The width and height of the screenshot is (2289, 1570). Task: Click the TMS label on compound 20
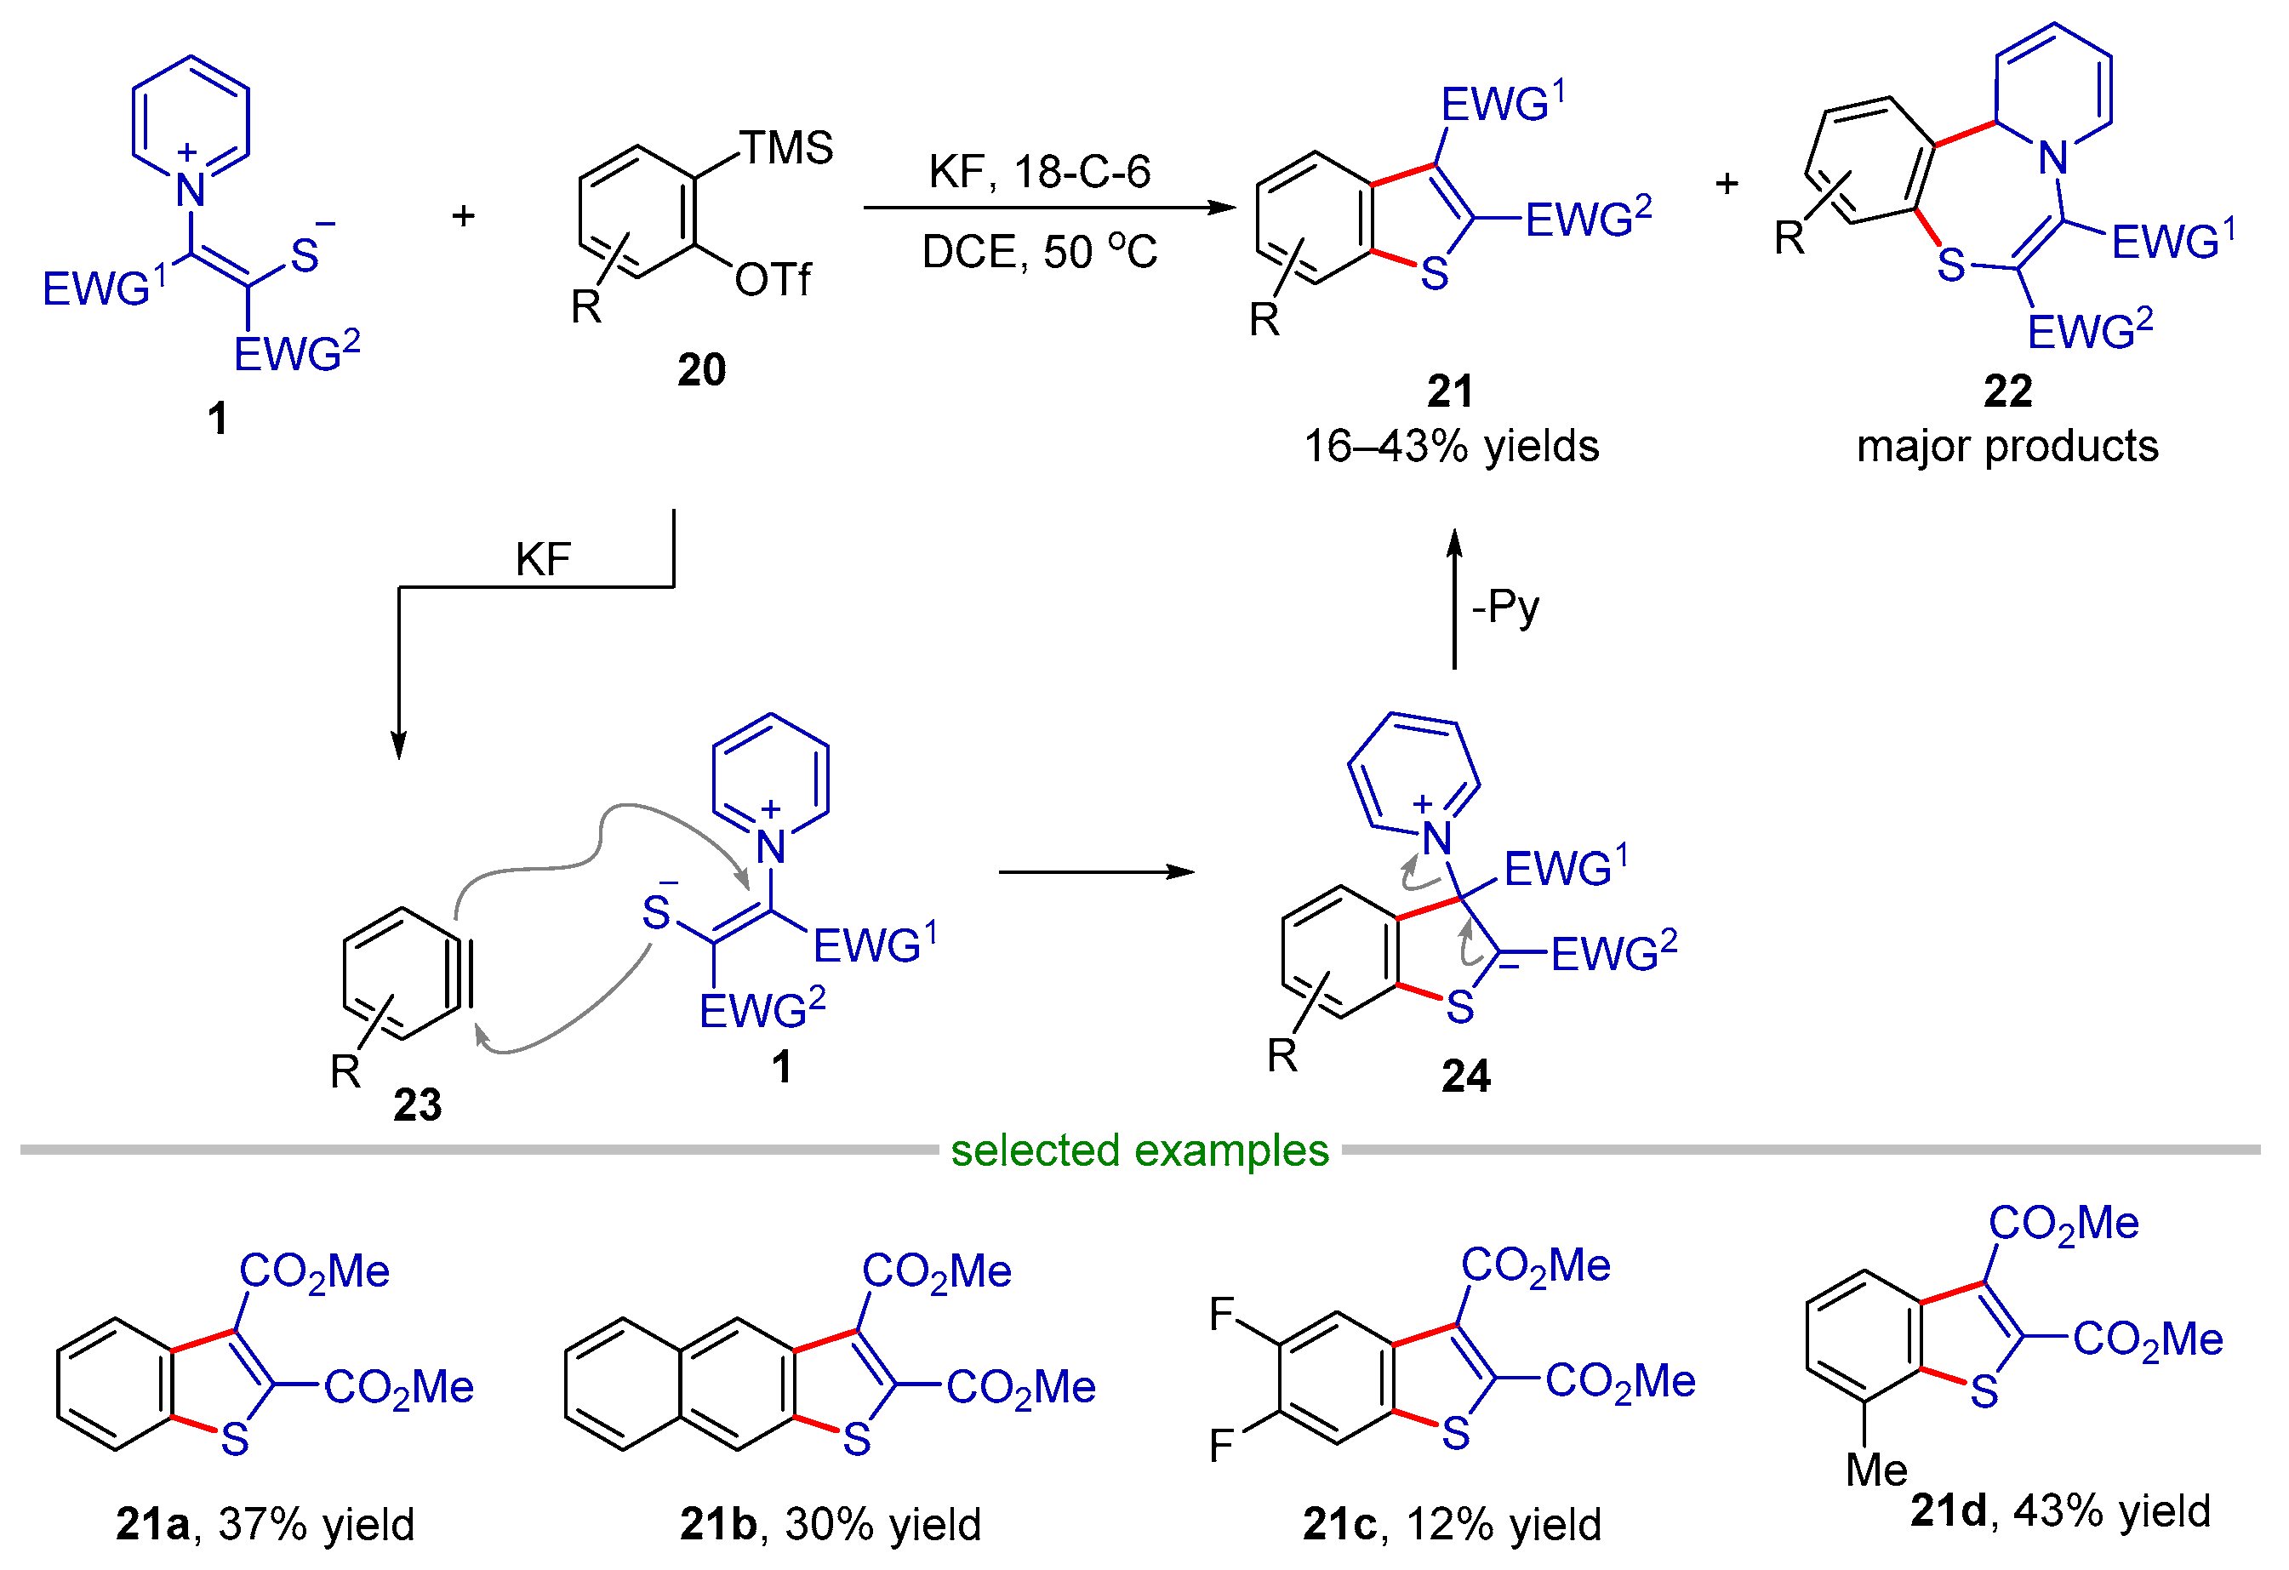pos(785,148)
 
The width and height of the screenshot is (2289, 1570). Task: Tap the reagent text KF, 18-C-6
pos(1039,173)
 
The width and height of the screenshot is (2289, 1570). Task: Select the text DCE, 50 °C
pos(1039,252)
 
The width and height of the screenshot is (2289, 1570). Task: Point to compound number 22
pos(2006,391)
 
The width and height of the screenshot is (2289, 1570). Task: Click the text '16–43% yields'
pos(1451,446)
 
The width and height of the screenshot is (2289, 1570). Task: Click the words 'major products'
pos(2006,446)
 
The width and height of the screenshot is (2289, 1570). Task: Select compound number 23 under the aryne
pos(417,1105)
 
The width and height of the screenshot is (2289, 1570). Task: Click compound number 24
pos(1464,1076)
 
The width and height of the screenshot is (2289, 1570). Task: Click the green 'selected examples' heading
pos(1139,1150)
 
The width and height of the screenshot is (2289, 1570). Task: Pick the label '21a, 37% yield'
pos(265,1524)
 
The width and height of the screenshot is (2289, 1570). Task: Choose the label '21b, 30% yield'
pos(831,1524)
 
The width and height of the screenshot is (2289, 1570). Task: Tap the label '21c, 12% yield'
pos(1451,1524)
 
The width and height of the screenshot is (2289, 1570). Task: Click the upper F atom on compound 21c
pos(1221,1314)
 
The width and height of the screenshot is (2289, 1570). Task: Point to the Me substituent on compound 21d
pos(1875,1470)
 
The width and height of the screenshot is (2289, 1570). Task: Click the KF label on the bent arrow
pos(543,559)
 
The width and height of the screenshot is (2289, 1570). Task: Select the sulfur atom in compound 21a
pos(234,1440)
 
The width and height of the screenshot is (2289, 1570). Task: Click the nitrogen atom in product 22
pos(2052,157)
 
